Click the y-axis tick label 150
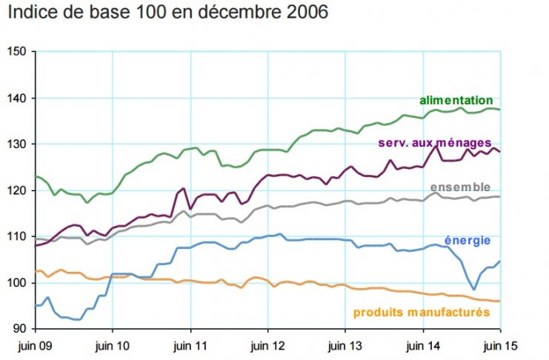click(16, 51)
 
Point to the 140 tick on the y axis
click(16, 98)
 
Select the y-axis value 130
click(16, 144)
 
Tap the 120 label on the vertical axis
click(16, 190)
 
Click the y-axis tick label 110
click(16, 236)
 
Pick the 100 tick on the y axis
click(16, 283)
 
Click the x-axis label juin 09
click(34, 345)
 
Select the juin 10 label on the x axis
click(112, 345)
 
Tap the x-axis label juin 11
click(190, 345)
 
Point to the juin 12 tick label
click(267, 345)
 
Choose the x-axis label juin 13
click(345, 345)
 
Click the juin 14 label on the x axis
click(422, 345)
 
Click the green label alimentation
click(456, 100)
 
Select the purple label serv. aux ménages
click(434, 142)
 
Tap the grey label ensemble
click(460, 187)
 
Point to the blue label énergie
click(467, 240)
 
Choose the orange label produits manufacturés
click(421, 312)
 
